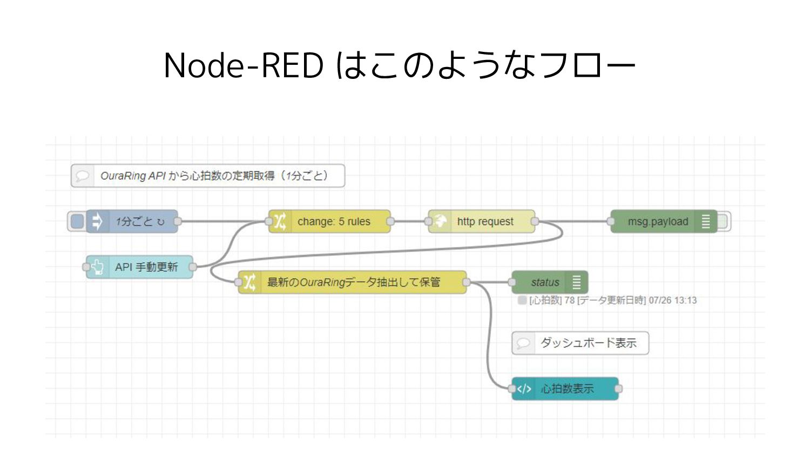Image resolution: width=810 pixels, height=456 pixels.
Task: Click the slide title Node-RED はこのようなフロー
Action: click(399, 65)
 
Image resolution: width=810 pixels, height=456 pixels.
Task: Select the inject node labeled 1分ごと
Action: click(132, 221)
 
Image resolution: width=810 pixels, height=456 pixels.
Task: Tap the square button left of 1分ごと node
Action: click(77, 221)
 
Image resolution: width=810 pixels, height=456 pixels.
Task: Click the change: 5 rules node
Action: click(329, 221)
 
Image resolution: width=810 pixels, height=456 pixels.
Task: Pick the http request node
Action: click(482, 221)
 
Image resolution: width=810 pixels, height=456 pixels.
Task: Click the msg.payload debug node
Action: click(664, 221)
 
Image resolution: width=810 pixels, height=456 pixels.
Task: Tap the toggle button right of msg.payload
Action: click(723, 221)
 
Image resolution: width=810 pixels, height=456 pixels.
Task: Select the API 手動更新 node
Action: click(139, 267)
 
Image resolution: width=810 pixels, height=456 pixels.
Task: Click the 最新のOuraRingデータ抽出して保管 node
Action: click(353, 282)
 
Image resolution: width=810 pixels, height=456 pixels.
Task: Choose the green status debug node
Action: click(550, 282)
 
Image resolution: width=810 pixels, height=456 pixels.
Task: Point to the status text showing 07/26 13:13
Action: click(607, 300)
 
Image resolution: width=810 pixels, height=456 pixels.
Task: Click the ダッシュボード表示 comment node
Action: click(580, 343)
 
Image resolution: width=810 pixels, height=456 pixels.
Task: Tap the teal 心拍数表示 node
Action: click(565, 388)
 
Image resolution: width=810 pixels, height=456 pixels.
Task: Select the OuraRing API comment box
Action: click(208, 176)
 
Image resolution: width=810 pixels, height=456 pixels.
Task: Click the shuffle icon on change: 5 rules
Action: click(280, 221)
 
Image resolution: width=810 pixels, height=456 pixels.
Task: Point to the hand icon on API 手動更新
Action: click(97, 267)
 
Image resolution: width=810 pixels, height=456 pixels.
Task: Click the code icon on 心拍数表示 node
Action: click(524, 388)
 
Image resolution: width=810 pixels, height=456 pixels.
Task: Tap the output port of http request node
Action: click(535, 221)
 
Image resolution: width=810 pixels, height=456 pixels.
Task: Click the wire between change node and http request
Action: click(409, 221)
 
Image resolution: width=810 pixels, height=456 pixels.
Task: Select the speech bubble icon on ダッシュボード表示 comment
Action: click(523, 343)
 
